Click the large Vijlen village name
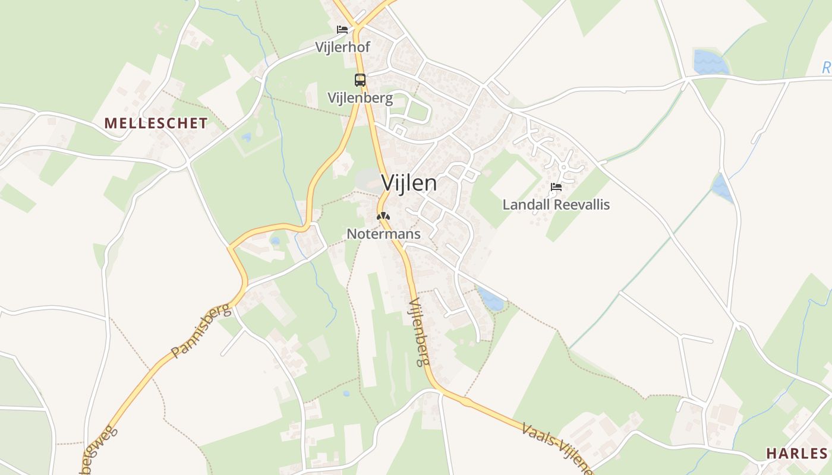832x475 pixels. coord(409,183)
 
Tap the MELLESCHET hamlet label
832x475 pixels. coord(156,123)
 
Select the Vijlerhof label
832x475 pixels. coord(343,47)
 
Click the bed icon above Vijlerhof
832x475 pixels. coord(342,29)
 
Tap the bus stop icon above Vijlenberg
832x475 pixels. coord(360,80)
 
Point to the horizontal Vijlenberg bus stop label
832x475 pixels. coord(360,98)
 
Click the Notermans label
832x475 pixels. coord(383,234)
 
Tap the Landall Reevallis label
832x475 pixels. coord(556,205)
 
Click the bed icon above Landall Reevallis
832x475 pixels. coord(556,187)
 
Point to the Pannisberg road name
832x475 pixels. coord(200,331)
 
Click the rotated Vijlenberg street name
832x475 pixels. coord(419,332)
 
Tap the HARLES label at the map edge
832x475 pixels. coord(796,454)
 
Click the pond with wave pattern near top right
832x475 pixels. coord(711,62)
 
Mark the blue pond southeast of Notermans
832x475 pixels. coord(491,300)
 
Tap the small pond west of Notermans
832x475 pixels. coord(275,241)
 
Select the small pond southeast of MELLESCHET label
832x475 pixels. coord(246,137)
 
